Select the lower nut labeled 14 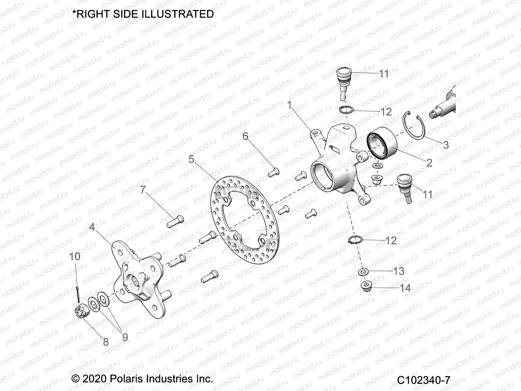click(x=367, y=287)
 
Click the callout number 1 click(x=289, y=105)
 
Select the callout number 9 click(x=125, y=337)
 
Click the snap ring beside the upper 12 click(x=345, y=110)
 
